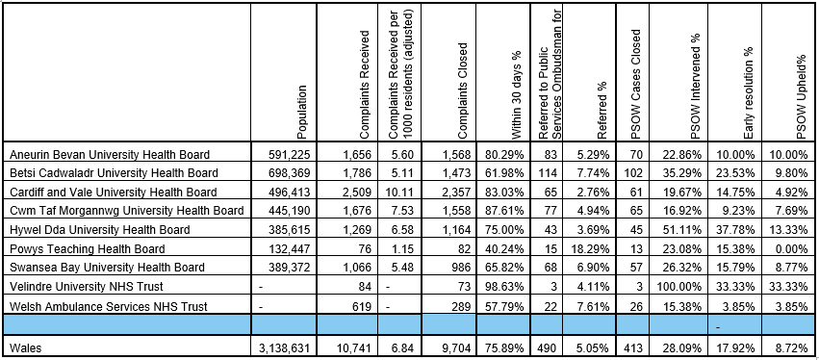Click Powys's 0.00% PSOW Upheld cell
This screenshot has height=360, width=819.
[x=791, y=248]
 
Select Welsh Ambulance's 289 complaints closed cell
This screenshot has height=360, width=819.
[x=457, y=305]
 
